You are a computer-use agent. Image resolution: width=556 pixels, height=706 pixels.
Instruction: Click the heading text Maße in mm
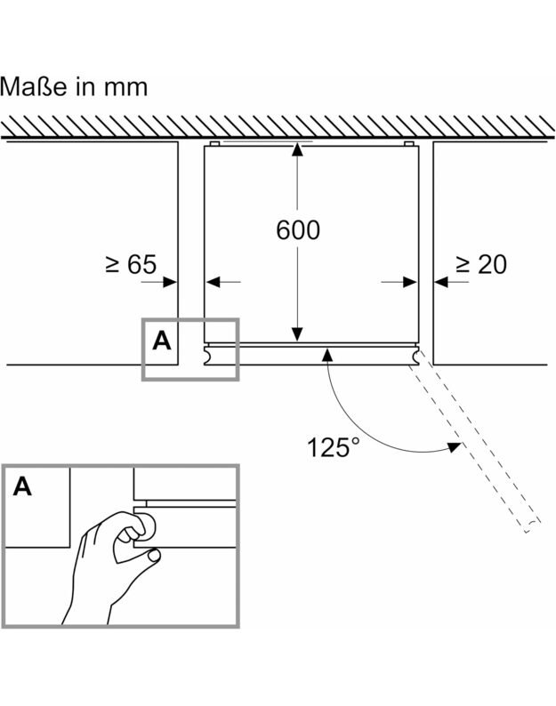(74, 87)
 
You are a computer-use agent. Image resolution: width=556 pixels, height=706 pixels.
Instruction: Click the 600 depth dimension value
(297, 230)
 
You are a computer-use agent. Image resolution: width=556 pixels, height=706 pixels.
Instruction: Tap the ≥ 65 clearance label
(131, 264)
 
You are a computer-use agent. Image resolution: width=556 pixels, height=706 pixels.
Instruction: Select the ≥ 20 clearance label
(481, 264)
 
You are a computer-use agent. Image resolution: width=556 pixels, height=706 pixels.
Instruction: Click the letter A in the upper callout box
(161, 340)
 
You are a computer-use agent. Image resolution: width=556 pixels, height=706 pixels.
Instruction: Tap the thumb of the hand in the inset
(131, 532)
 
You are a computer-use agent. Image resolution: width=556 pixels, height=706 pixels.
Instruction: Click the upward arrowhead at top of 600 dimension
(297, 151)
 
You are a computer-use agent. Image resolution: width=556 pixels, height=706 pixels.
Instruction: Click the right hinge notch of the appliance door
(414, 355)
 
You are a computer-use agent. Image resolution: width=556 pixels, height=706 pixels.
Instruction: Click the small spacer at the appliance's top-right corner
(409, 143)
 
